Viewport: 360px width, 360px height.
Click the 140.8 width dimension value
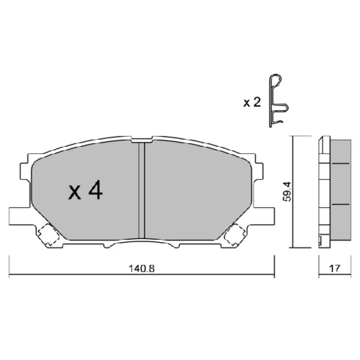click(142, 269)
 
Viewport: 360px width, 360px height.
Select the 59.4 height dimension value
click(288, 192)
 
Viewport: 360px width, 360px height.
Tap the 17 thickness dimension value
click(335, 268)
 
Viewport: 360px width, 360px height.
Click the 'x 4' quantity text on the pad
click(86, 190)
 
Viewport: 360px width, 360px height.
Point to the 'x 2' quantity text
click(252, 102)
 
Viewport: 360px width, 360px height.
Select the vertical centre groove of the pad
click(142, 190)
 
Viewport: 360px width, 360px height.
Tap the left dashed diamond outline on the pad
click(48, 234)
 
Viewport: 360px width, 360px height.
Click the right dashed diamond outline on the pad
click(235, 235)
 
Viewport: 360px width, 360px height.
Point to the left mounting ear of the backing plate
click(20, 216)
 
